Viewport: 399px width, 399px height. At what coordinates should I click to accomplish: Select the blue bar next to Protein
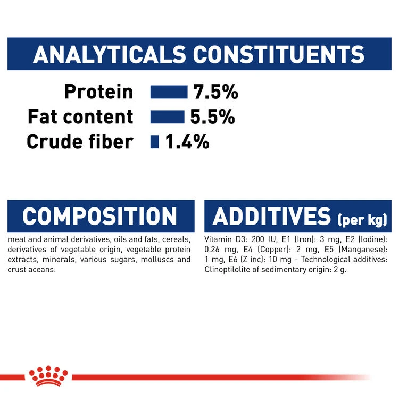tap(169, 92)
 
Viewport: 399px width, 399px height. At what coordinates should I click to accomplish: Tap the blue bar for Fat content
tap(167, 117)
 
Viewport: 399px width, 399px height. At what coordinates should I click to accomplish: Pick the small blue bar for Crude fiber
tap(155, 142)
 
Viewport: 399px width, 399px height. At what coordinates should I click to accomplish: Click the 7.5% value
tap(215, 92)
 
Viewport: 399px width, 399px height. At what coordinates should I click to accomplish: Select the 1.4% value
tap(187, 142)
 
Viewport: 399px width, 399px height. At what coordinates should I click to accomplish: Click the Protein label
tap(98, 92)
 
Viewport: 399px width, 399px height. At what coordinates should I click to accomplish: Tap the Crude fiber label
tap(80, 142)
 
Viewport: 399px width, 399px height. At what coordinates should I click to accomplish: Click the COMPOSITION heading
tap(99, 217)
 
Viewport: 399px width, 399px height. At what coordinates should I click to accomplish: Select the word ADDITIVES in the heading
tap(271, 217)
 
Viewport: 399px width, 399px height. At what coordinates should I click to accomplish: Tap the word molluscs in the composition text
tap(149, 260)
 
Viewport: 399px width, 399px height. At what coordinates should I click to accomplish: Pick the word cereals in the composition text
tap(176, 239)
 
